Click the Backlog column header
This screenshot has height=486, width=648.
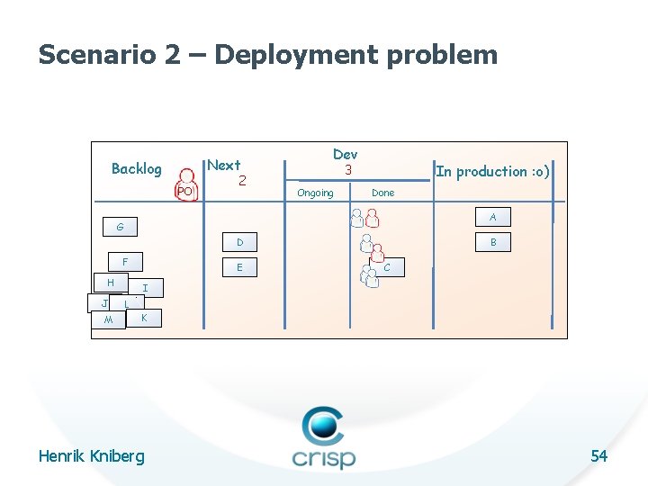pos(136,168)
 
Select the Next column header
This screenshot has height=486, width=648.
pos(224,165)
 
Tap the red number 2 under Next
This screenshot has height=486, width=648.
pos(242,181)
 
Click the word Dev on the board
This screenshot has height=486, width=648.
pos(345,155)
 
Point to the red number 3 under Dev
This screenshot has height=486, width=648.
pos(346,170)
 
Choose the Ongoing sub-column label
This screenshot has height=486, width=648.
pos(315,193)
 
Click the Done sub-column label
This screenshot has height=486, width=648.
pos(382,193)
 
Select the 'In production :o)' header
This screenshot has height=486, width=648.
pos(492,171)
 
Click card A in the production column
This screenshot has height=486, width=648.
pos(492,217)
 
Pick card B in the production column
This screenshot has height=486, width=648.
pos(493,242)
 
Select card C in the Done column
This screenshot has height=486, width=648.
pos(387,267)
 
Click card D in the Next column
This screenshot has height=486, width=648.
pos(239,242)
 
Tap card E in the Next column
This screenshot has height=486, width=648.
pos(239,267)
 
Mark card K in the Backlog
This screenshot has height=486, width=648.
pos(144,318)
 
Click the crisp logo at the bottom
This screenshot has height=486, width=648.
pos(323,438)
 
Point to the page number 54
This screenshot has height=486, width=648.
pos(598,456)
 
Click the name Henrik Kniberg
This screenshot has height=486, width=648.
pos(91,456)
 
